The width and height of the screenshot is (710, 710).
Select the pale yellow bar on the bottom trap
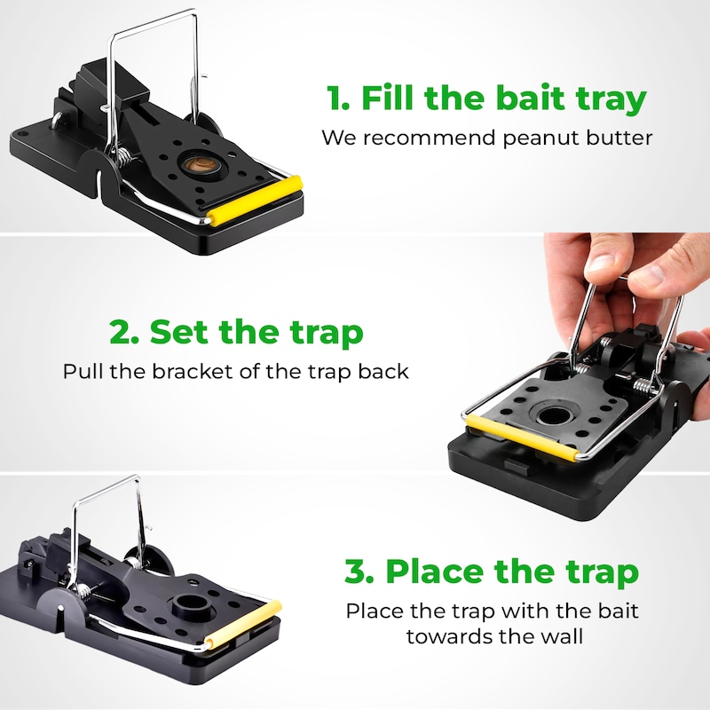coord(243,626)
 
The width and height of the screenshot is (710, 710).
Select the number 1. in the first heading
coord(338,98)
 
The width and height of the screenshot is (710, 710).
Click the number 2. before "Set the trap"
coord(123,332)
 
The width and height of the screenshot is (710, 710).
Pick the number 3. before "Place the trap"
coord(359,572)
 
